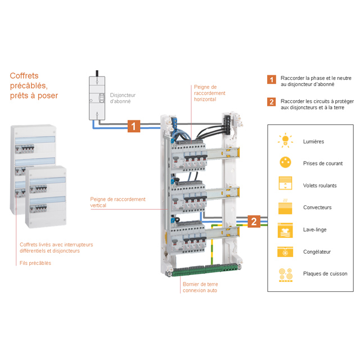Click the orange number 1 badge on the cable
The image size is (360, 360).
[x=133, y=126]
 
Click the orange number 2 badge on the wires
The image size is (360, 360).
[x=254, y=221]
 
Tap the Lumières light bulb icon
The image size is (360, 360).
[x=286, y=141]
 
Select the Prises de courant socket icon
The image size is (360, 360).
[x=286, y=163]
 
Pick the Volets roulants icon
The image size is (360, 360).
[x=286, y=185]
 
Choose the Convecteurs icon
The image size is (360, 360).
[x=286, y=207]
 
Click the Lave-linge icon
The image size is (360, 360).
[x=286, y=229]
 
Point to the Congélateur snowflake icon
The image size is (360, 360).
[x=286, y=251]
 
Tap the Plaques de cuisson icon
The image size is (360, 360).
[x=286, y=274]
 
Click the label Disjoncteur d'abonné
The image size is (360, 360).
[x=123, y=98]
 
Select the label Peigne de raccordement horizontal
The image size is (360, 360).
[x=209, y=93]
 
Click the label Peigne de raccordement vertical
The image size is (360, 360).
[x=118, y=202]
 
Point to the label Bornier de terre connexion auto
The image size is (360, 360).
[x=200, y=287]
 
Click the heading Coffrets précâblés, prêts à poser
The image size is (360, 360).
[x=34, y=85]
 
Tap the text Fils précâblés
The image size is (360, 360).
[x=35, y=263]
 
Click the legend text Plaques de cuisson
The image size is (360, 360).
[x=325, y=274]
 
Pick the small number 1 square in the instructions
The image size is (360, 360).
[x=272, y=80]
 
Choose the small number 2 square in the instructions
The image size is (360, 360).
[x=272, y=102]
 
